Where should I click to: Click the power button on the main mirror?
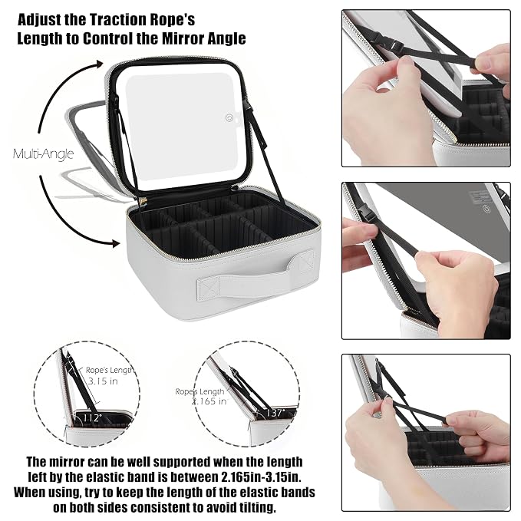tap(229, 117)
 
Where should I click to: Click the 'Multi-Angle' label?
tap(43, 154)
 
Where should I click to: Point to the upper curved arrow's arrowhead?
tap(98, 64)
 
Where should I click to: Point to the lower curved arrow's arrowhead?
tap(114, 243)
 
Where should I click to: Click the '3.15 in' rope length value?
tap(103, 381)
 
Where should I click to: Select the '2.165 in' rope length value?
tap(209, 401)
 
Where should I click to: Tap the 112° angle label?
tap(91, 417)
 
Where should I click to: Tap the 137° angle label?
tap(275, 413)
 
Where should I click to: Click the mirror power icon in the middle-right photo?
tap(486, 209)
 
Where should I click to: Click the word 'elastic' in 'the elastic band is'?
tap(107, 477)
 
